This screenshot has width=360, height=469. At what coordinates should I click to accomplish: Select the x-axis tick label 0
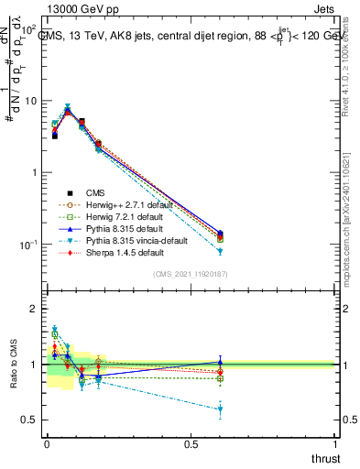click(x=46, y=444)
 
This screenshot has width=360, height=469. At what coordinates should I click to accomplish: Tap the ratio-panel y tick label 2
click(x=35, y=310)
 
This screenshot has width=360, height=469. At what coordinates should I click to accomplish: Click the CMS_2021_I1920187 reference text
click(x=190, y=274)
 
